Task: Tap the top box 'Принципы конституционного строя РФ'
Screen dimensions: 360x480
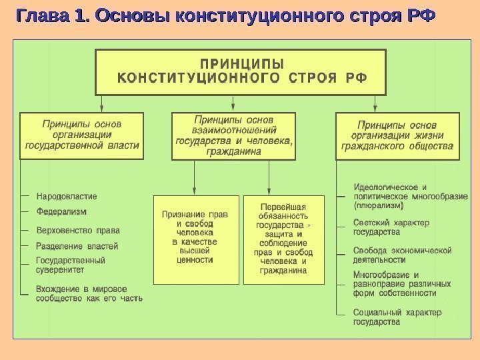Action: click(x=241, y=71)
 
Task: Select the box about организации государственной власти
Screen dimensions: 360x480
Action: click(x=81, y=135)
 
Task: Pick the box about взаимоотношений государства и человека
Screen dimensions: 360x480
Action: click(x=233, y=136)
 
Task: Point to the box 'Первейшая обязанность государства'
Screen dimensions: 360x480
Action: click(x=284, y=239)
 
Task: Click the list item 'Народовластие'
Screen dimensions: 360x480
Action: click(x=66, y=196)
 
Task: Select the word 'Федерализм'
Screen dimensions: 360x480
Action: click(x=61, y=211)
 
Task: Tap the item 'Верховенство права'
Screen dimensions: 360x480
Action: click(x=78, y=231)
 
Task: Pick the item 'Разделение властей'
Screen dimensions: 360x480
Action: click(x=77, y=246)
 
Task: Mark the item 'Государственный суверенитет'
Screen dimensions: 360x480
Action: click(x=70, y=265)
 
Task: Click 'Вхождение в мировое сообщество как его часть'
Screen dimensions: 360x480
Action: click(x=89, y=293)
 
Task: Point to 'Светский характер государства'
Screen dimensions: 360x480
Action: click(x=391, y=227)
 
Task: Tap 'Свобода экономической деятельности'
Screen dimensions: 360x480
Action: click(x=402, y=255)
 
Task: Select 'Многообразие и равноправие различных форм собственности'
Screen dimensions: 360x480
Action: click(x=402, y=283)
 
